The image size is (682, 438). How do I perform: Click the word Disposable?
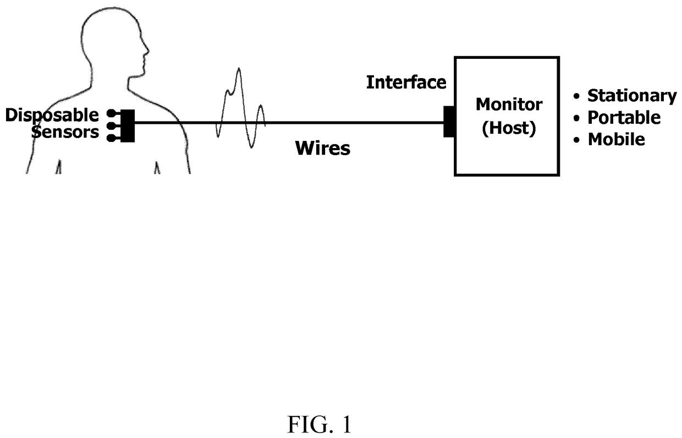tap(52, 116)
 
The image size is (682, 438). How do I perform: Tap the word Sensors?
tap(65, 132)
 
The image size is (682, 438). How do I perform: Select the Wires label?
tap(323, 149)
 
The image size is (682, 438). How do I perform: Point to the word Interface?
tap(406, 82)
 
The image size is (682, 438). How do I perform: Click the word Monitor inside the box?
tap(509, 105)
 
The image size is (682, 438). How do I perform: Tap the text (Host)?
tap(509, 128)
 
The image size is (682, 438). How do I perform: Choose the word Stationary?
tap(632, 96)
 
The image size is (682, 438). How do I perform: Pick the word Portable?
tap(624, 118)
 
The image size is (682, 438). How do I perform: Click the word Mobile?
tap(616, 140)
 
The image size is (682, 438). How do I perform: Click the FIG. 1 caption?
tap(320, 424)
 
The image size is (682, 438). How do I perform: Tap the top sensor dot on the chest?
tap(112, 113)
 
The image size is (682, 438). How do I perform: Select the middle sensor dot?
tap(112, 125)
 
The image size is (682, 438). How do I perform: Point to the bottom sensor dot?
tap(112, 138)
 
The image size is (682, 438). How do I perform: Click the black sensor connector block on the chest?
tap(128, 126)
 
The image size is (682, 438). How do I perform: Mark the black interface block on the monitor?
tap(449, 122)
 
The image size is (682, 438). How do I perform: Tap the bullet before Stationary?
tap(576, 96)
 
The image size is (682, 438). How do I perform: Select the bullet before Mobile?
tap(576, 140)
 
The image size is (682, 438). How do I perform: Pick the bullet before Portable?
tap(576, 118)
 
